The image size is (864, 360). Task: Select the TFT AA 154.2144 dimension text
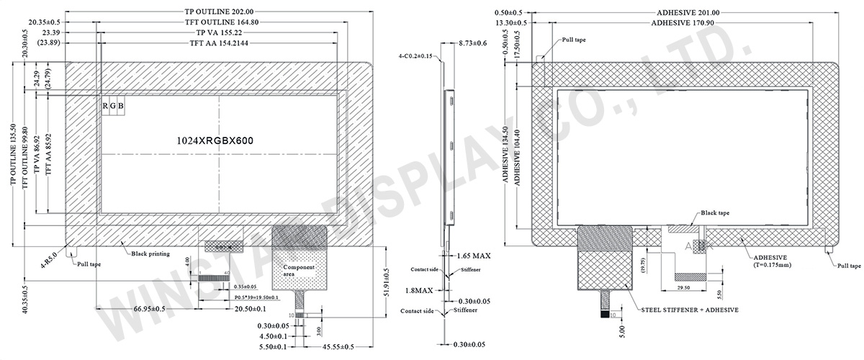point(220,43)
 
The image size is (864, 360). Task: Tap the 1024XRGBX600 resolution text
point(215,141)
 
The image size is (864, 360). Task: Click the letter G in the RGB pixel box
point(113,107)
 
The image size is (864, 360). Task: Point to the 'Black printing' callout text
point(150,253)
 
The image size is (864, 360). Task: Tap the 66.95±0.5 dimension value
point(150,309)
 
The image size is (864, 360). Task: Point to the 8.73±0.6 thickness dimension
point(473,44)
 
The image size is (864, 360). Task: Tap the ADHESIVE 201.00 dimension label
point(690,12)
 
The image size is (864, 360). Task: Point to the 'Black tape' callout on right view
point(715,213)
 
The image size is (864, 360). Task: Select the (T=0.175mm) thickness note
point(775,265)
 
